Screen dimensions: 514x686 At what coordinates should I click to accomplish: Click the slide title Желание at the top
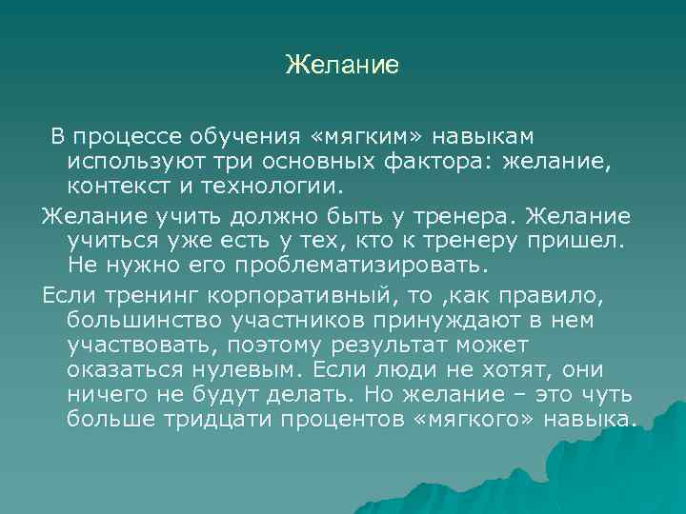(342, 66)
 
